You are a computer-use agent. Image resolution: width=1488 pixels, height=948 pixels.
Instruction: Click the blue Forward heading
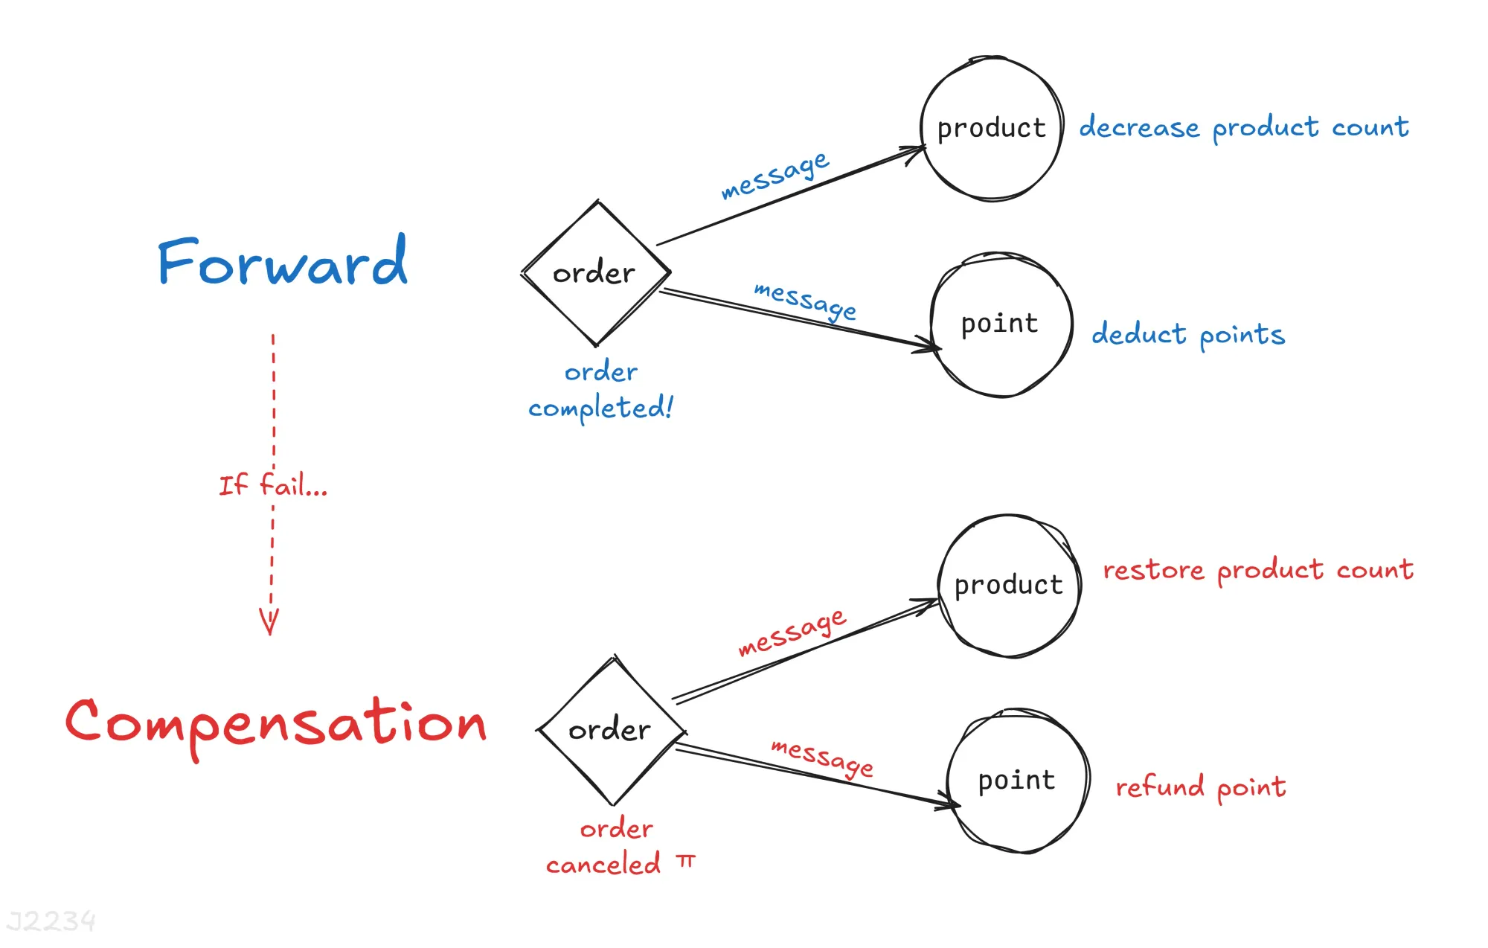pos(283,262)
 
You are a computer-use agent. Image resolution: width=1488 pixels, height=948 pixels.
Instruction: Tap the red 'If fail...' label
pos(272,485)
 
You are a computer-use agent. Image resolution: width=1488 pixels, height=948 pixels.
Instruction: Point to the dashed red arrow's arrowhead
pos(269,621)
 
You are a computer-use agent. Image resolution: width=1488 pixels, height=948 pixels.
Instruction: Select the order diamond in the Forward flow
pos(595,273)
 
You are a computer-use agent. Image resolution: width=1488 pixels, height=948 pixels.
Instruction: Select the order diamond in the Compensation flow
pos(611,730)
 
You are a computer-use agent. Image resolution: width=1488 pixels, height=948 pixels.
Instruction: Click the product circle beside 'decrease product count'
pos(991,128)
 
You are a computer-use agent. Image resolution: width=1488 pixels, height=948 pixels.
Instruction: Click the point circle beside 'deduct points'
pos(1001,324)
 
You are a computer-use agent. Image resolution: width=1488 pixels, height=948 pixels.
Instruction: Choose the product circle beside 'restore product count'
pos(1009,585)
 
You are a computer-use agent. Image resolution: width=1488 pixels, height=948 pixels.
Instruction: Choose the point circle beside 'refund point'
pos(1017,781)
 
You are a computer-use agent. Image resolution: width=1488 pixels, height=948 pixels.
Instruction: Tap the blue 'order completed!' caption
pos(600,390)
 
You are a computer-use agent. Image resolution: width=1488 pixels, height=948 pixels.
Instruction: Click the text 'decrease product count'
pos(1244,127)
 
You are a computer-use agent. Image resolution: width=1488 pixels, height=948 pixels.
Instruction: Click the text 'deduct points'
pos(1188,334)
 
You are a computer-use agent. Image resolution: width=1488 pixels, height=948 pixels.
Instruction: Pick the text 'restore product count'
pos(1257,570)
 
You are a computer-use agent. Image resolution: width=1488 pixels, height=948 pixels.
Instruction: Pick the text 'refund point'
pos(1201,787)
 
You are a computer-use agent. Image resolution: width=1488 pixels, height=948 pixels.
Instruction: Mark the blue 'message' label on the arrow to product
pos(775,176)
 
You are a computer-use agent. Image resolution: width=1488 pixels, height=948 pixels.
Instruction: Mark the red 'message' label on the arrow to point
pos(822,757)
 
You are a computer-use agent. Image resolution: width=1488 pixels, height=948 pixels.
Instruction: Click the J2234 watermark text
pos(51,921)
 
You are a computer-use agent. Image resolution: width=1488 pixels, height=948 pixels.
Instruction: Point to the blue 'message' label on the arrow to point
pos(805,300)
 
